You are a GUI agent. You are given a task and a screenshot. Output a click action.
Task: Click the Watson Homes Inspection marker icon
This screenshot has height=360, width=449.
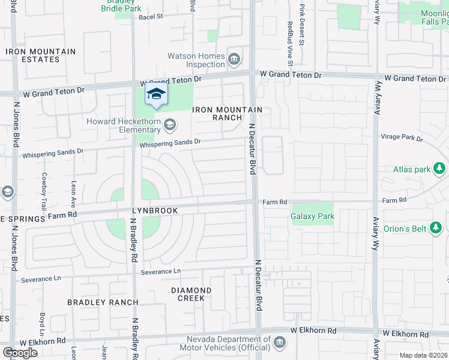pos(235,59)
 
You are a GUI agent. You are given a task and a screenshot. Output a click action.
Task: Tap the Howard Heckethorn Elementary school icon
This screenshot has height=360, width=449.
pos(170,124)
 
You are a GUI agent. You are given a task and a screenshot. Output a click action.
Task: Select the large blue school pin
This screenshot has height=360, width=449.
pos(156,95)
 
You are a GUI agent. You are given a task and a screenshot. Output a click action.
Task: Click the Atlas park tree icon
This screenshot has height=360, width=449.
pos(441,169)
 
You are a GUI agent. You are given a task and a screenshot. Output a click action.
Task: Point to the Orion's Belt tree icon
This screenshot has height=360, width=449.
pos(436,227)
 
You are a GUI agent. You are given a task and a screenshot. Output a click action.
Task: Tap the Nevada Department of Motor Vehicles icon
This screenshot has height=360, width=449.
pos(279,343)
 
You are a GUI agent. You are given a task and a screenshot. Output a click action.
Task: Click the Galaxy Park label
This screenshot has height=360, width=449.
pos(312,216)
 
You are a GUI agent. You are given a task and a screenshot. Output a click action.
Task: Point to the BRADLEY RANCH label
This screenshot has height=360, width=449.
pos(103,302)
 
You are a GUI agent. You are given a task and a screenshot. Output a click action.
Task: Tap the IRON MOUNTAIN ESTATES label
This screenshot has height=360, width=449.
pos(41,56)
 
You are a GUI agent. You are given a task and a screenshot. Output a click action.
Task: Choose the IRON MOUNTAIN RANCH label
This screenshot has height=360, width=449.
pos(227,113)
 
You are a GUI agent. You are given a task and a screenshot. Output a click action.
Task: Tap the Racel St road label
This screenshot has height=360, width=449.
pos(151,17)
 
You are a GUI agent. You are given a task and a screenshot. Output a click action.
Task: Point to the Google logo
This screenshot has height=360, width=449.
pos(20,353)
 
